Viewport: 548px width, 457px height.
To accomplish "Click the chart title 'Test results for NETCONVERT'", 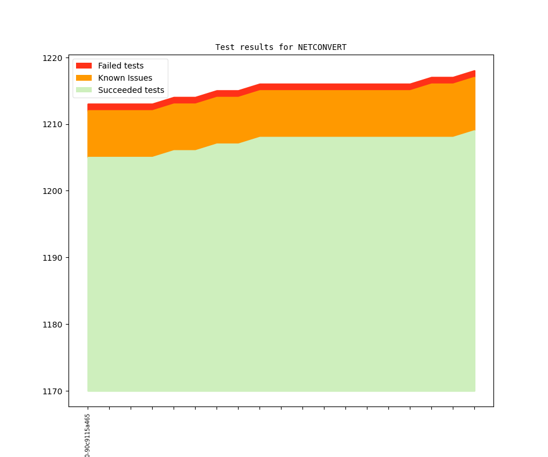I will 281,47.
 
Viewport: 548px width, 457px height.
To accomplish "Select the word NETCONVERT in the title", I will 322,47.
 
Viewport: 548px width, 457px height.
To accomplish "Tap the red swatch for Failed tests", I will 84,66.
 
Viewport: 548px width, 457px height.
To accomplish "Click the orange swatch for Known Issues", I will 84,78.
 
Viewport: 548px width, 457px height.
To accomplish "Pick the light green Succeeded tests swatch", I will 84,90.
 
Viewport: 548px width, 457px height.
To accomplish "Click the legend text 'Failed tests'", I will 121,66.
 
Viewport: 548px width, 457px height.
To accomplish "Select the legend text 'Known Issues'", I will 125,78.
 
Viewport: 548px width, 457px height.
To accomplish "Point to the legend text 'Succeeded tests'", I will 131,90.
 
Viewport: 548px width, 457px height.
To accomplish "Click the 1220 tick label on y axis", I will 52,58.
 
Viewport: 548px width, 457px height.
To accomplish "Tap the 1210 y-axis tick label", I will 52,124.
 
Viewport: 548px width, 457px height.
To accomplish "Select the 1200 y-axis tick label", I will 52,191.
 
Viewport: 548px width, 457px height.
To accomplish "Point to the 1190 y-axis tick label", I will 52,258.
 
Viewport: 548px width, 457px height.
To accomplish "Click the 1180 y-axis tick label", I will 52,325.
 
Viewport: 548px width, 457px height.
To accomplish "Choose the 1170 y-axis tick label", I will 52,391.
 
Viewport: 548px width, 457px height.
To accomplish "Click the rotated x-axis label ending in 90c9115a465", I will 88,436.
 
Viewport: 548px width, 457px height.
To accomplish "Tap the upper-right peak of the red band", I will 474,71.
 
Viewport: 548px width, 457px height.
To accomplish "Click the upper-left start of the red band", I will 88,105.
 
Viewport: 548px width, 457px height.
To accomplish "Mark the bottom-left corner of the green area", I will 88,391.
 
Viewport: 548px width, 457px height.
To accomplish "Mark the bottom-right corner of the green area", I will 474,391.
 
